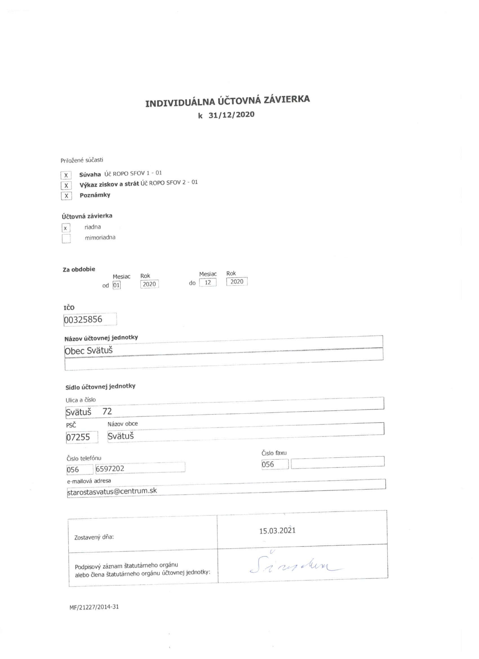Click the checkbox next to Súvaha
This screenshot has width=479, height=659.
point(66,176)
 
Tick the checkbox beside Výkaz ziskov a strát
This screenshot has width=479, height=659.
point(66,185)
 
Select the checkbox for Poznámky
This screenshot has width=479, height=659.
point(66,196)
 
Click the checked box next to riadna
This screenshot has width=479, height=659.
point(66,228)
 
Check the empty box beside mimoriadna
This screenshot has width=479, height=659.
point(66,238)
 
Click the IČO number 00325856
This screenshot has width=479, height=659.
point(83,319)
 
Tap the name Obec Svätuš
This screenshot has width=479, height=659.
point(88,351)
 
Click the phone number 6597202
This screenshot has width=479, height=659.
point(110,468)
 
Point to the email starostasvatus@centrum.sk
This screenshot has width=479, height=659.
point(112,491)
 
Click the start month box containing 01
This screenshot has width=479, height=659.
point(116,285)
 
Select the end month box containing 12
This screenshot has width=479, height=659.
point(208,282)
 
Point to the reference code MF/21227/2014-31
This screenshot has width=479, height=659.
point(94,607)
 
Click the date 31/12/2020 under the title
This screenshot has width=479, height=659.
point(231,114)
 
